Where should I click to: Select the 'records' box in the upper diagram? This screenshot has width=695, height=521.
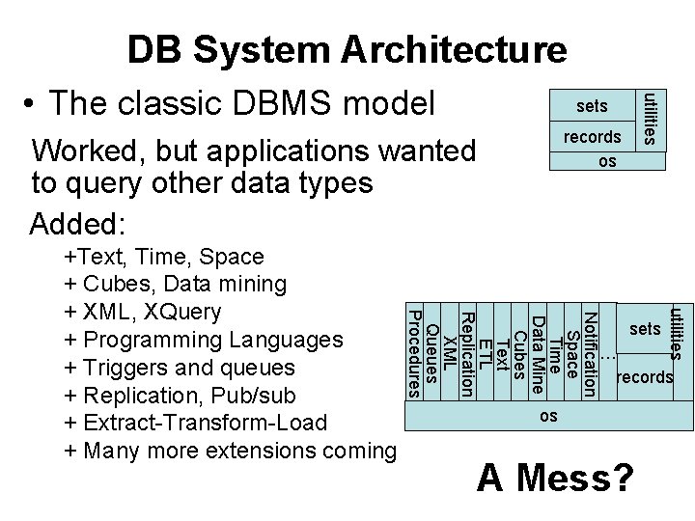(x=592, y=137)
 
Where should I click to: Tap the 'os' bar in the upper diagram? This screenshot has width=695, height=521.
(x=606, y=161)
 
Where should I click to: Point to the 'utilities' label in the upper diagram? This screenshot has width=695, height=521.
(x=653, y=118)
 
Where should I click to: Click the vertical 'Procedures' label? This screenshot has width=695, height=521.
(x=413, y=353)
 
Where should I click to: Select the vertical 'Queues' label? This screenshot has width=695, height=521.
(x=431, y=353)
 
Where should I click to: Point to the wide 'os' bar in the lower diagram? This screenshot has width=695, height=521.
(x=547, y=415)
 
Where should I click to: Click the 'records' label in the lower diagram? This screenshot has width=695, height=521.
(x=644, y=376)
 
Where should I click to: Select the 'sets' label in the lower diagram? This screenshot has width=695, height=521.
(x=644, y=330)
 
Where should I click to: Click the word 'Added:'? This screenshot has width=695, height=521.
(x=78, y=224)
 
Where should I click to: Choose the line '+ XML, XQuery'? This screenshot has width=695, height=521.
(x=142, y=312)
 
